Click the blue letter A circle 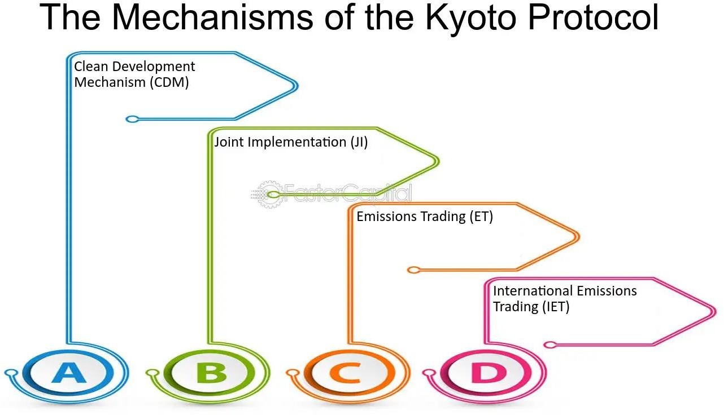[x=69, y=373]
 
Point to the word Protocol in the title [x=593, y=17]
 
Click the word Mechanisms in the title [x=206, y=17]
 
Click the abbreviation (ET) [x=481, y=217]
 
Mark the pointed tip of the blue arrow [x=296, y=86]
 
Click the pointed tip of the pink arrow [x=715, y=311]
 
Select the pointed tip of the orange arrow [x=578, y=237]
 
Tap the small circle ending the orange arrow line [x=414, y=270]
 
